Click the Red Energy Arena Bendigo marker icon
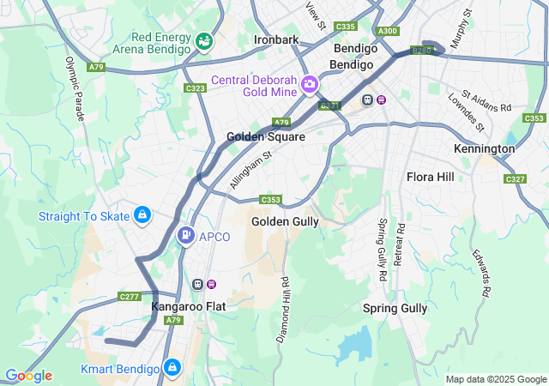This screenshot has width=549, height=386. pos(203,40)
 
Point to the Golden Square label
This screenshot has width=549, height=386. pos(265,137)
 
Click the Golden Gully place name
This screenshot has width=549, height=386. pos(285,221)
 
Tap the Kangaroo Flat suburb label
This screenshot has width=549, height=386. pos(189,306)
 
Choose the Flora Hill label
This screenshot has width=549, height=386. pos(430,178)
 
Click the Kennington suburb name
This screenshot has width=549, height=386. pos(484,148)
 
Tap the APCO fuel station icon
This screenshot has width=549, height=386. pos(185,236)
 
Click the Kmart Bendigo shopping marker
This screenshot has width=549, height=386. pos(172,368)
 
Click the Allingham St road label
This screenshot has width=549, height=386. pos(250,169)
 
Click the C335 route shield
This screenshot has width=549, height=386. pos(346,27)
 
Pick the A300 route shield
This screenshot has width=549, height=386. pos(388,31)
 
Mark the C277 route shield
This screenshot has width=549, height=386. pos(129,297)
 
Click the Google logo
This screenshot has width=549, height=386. pos(27,376)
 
